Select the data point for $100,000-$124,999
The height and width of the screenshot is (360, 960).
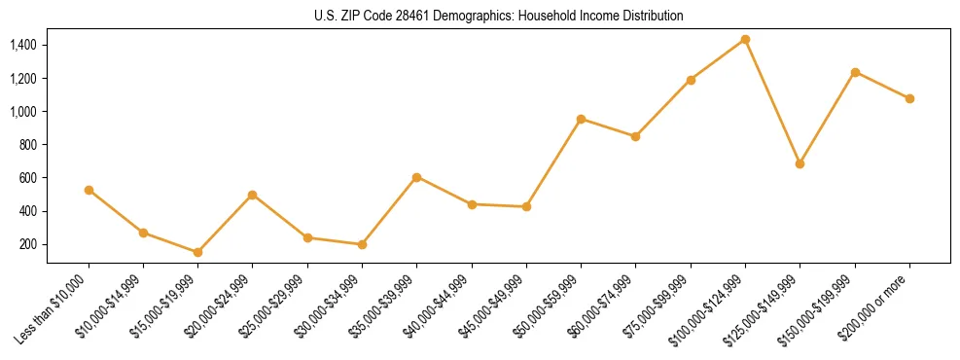pos(745,39)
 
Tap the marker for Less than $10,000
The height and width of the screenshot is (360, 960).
pos(89,190)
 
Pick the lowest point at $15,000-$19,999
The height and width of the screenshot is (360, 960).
pos(197,252)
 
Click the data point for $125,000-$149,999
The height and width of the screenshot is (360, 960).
pos(800,163)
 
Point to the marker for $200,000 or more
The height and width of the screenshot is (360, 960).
pos(909,98)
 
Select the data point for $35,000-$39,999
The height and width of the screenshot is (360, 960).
pos(416,177)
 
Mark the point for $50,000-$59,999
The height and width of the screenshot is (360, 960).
pos(581,119)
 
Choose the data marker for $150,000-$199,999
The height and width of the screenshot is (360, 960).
pos(855,72)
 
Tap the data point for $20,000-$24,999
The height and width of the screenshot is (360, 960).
pos(252,195)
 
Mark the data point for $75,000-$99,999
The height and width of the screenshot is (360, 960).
pos(691,80)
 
